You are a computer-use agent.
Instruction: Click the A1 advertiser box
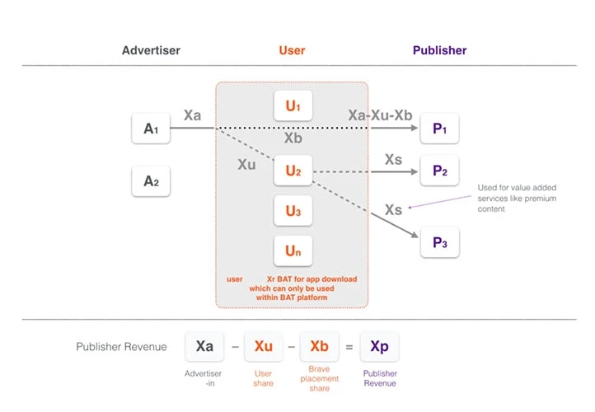[151, 129]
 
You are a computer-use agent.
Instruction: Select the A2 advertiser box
[151, 181]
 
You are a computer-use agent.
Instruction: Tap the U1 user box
[293, 106]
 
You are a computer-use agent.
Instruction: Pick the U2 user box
[293, 171]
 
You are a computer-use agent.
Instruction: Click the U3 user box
[293, 211]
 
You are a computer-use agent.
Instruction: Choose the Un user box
[293, 250]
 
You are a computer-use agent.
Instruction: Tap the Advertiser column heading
[151, 50]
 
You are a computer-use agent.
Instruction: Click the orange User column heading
[292, 50]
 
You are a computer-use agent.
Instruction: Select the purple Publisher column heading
[439, 50]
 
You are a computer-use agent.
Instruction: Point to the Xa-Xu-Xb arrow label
[380, 115]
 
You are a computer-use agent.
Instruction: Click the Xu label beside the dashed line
[246, 165]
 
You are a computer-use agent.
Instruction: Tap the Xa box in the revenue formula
[204, 347]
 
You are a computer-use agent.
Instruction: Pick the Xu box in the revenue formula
[263, 347]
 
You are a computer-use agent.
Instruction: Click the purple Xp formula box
[379, 347]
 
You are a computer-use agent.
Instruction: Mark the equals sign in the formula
[349, 348]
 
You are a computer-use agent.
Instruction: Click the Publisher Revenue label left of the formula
[121, 347]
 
